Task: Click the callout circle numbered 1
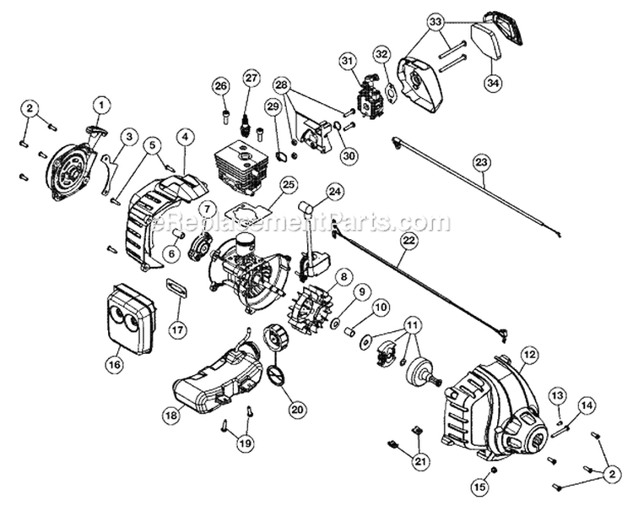point(101,105)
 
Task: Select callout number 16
point(114,365)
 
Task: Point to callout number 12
point(530,355)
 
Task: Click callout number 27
point(250,78)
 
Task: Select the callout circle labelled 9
point(362,292)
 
